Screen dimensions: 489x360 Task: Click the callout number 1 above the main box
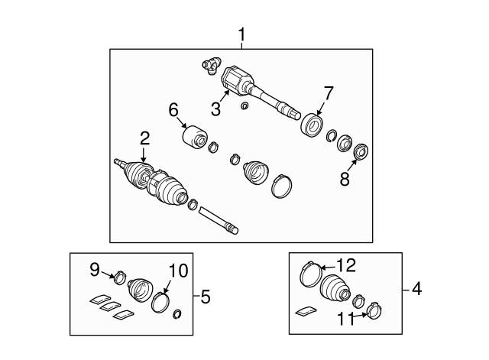(241, 35)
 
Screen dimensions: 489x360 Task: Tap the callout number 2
(144, 138)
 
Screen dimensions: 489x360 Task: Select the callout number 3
(215, 109)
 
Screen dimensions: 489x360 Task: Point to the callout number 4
(416, 289)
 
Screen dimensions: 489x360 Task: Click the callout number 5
(206, 297)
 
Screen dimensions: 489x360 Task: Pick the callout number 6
(173, 110)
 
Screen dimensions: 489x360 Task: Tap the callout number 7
(329, 93)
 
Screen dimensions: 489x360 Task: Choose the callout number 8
(345, 179)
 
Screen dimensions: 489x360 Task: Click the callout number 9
(95, 269)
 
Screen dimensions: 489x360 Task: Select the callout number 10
(178, 271)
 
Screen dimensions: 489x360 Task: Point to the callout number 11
(346, 319)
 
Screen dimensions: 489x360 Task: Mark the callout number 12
(345, 265)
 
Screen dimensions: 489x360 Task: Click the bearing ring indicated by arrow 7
(312, 125)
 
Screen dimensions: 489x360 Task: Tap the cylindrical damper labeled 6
(195, 138)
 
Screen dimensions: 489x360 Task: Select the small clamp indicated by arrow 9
(120, 277)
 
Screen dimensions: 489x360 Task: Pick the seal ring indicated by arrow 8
(361, 151)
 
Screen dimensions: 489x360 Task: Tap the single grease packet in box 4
(306, 311)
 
